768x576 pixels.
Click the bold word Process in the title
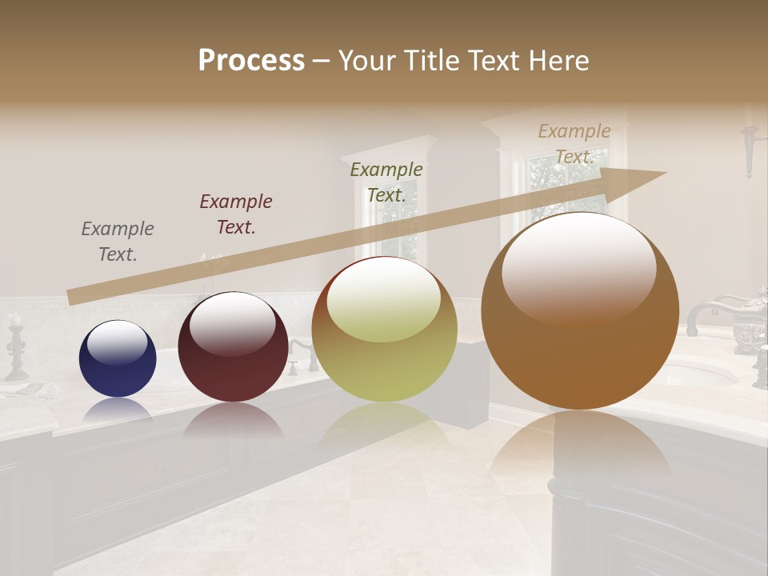pos(251,60)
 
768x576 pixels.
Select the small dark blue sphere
pos(118,358)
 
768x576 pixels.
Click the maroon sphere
pos(233,346)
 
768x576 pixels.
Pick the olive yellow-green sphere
pos(384,330)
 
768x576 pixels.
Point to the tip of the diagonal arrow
pos(665,173)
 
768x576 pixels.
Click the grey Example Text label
pos(118,242)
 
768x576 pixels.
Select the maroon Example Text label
pos(236,214)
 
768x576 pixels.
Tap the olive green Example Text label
pos(386,182)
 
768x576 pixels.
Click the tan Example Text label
pos(574,144)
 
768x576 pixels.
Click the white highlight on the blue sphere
pos(118,342)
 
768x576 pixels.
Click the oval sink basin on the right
pos(700,372)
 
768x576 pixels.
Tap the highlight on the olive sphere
pos(384,300)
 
